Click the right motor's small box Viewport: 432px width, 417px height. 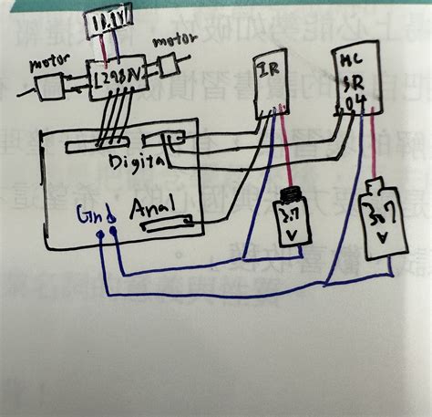tap(169, 65)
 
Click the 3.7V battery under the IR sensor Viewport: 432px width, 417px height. tap(291, 214)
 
